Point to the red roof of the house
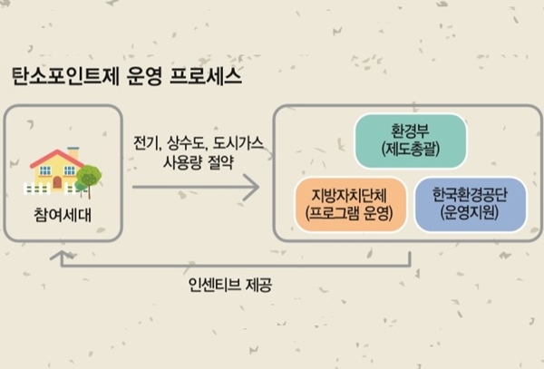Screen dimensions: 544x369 point(57,158)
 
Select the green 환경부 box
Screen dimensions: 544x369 point(410,141)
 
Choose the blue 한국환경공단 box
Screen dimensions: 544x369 point(470,205)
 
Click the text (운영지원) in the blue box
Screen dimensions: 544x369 point(470,215)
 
